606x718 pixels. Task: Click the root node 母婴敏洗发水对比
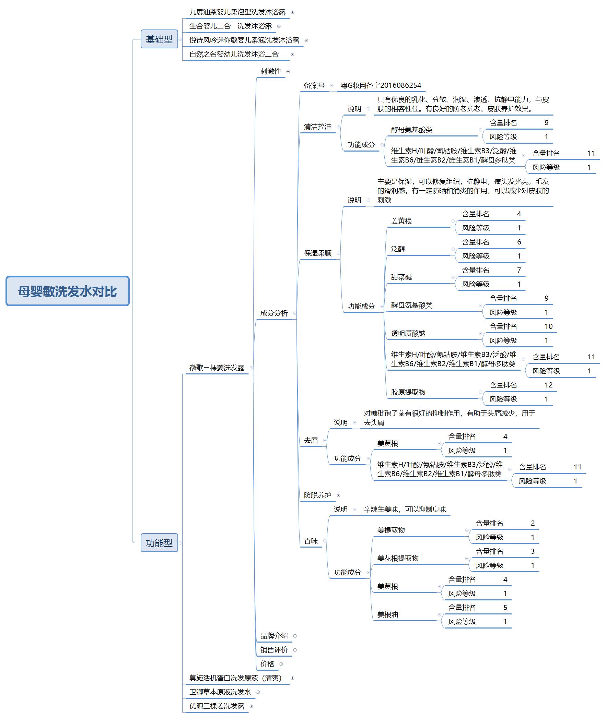point(67,291)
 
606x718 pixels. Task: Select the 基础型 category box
point(159,39)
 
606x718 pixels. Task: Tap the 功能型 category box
point(159,543)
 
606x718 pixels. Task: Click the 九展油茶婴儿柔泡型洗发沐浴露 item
point(237,12)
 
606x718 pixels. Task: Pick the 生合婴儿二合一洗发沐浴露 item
point(230,26)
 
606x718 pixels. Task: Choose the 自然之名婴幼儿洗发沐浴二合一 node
point(237,54)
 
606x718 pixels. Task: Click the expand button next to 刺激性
point(288,72)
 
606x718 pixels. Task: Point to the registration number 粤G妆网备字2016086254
point(381,85)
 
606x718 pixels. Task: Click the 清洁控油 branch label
point(317,127)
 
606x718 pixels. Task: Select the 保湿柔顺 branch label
point(317,253)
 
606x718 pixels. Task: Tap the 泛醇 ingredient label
point(398,249)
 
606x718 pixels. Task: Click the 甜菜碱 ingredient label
point(401,277)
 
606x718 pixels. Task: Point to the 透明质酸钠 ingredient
point(408,333)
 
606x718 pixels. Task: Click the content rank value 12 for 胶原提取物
point(548,385)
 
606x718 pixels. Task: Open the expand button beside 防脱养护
point(339,495)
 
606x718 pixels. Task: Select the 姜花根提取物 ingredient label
point(398,559)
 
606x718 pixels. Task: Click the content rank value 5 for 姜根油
point(505,608)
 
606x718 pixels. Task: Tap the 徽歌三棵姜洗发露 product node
point(217,368)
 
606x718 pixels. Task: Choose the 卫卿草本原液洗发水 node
point(220,692)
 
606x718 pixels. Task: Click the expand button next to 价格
point(281,664)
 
